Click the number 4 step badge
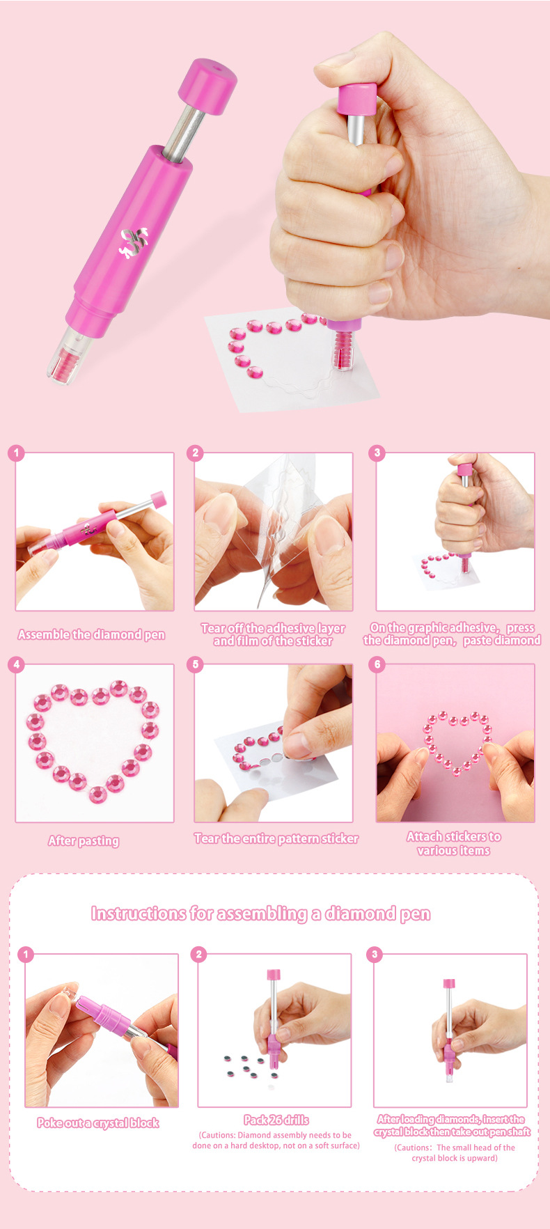17,664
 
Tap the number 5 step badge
196,664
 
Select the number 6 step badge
377,664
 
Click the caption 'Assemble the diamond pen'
91,634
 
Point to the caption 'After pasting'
84,840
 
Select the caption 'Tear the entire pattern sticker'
276,838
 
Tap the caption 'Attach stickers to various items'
454,843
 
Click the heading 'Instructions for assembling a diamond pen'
260,914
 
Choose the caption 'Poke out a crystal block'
98,1122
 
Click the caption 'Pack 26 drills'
276,1120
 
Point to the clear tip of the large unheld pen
69,354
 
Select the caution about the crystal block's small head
455,1152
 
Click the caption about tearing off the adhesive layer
273,634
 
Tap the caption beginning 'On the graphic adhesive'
452,634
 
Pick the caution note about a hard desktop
276,1140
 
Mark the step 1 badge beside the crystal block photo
26,954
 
